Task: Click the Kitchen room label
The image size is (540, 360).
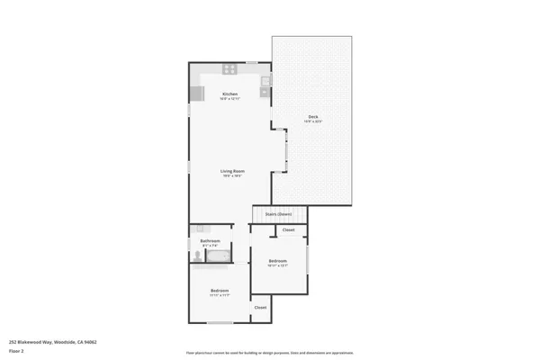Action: [x=229, y=94]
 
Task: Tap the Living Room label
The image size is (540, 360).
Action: [x=233, y=170]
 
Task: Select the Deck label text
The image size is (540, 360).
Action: [x=312, y=117]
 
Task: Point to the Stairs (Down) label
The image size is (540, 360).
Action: [x=278, y=214]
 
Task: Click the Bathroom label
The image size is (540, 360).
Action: [x=210, y=240]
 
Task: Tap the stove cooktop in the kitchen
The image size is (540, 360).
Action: [x=229, y=68]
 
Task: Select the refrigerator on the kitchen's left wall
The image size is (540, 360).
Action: [x=196, y=94]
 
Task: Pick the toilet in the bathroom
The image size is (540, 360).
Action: [x=196, y=256]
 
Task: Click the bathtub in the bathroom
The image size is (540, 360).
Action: [x=217, y=256]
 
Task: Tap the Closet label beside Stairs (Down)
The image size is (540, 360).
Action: [x=288, y=230]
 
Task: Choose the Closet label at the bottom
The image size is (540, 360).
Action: [x=260, y=308]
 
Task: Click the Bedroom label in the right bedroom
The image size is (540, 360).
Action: [x=277, y=261]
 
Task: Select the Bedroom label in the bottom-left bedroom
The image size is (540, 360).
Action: [x=220, y=290]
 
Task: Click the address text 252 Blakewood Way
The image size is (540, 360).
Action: [x=53, y=342]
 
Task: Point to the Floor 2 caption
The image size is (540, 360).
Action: [x=16, y=351]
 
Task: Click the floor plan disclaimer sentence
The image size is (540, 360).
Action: [x=269, y=352]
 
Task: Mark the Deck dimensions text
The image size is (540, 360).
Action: [x=312, y=121]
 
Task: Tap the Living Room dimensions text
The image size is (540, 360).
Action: [x=233, y=175]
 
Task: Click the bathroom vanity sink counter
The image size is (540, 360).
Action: [x=202, y=229]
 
